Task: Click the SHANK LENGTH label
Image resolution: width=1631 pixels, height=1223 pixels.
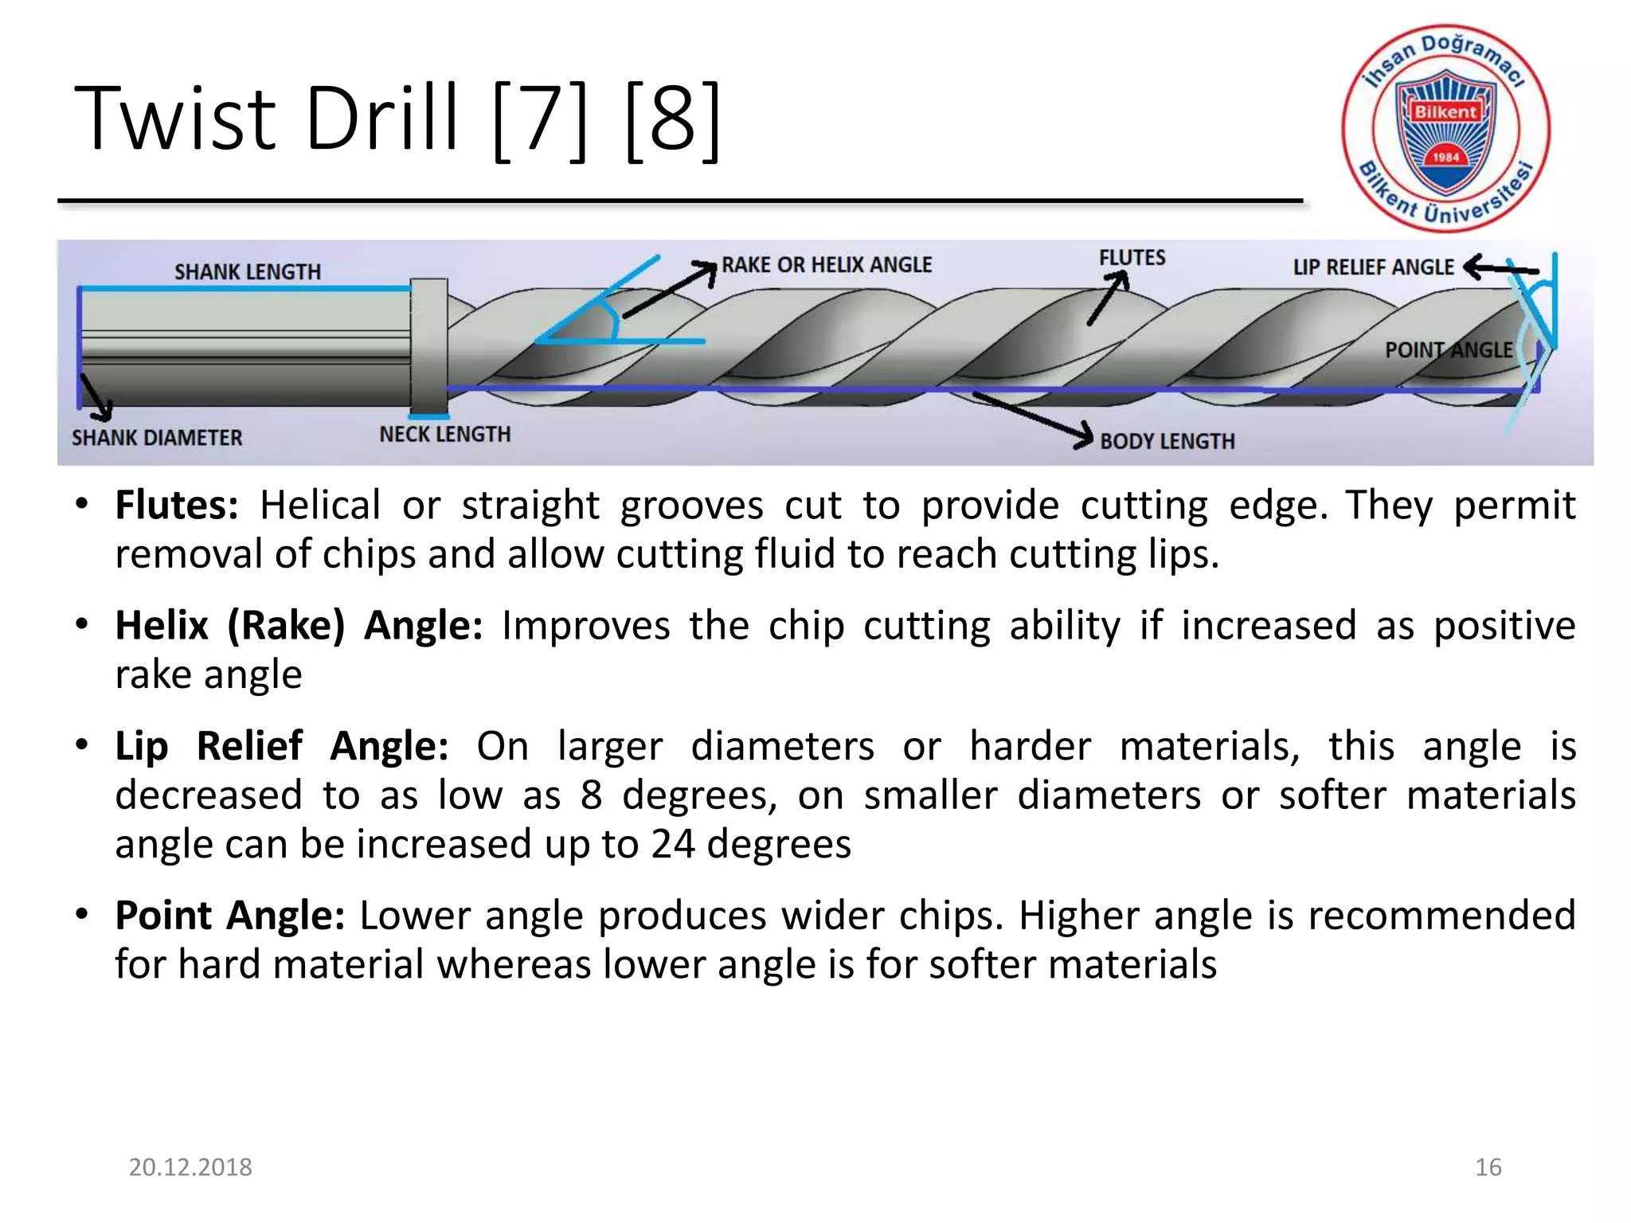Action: click(248, 272)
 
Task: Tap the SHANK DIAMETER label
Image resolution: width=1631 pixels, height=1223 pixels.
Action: click(157, 438)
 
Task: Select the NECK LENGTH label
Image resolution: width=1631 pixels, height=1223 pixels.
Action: click(444, 435)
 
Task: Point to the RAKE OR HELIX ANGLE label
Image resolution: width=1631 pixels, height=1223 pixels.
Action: click(827, 265)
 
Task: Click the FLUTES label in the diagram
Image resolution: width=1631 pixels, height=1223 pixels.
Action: click(1132, 258)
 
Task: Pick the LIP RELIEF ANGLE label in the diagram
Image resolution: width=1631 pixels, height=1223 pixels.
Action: click(1373, 268)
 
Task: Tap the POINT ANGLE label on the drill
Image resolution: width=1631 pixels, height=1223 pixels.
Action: click(1448, 350)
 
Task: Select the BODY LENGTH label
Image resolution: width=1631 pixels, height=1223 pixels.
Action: click(1167, 442)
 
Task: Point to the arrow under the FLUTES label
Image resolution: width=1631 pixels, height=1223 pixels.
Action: click(1109, 298)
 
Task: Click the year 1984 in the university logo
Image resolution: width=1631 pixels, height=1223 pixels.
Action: click(1445, 157)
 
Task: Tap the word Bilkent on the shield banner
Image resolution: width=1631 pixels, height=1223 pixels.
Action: click(1445, 112)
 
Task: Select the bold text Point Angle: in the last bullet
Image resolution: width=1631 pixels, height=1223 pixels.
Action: click(229, 916)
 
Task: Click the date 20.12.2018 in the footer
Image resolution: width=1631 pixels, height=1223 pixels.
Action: click(190, 1167)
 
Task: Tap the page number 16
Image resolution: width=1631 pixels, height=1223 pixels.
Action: click(1488, 1167)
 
